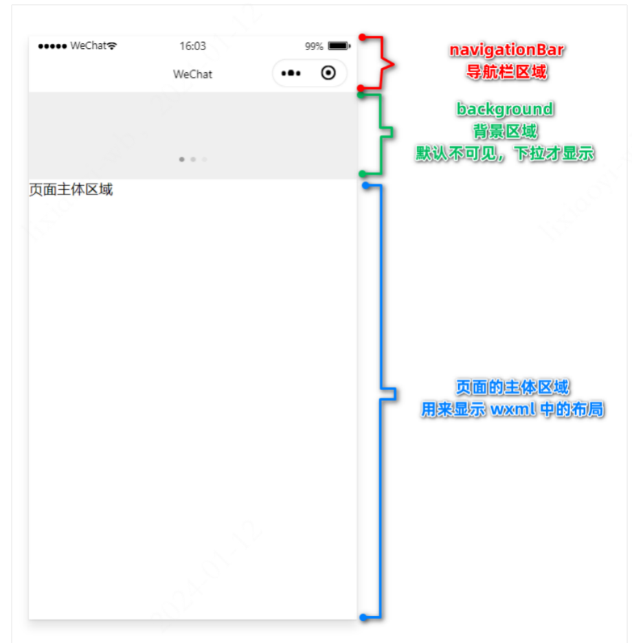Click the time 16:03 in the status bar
pos(192,46)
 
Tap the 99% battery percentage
pos(314,46)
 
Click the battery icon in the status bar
pos(339,45)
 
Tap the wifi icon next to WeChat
pos(111,45)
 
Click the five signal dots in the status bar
pos(52,46)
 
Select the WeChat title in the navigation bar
pos(192,74)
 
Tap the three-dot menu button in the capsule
pos(291,74)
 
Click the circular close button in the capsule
pos(328,73)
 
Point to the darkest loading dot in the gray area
pos(181,159)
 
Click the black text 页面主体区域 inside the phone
pos(71,190)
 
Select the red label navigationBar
pos(506,50)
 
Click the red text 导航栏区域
pos(506,71)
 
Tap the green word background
pos(505,109)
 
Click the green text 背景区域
pos(505,131)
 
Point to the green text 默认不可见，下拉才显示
pos(505,153)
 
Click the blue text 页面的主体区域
pos(512,387)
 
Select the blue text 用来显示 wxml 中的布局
pos(512,409)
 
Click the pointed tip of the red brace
pos(394,65)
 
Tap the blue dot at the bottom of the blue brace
pos(363,618)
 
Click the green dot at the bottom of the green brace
pos(363,174)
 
